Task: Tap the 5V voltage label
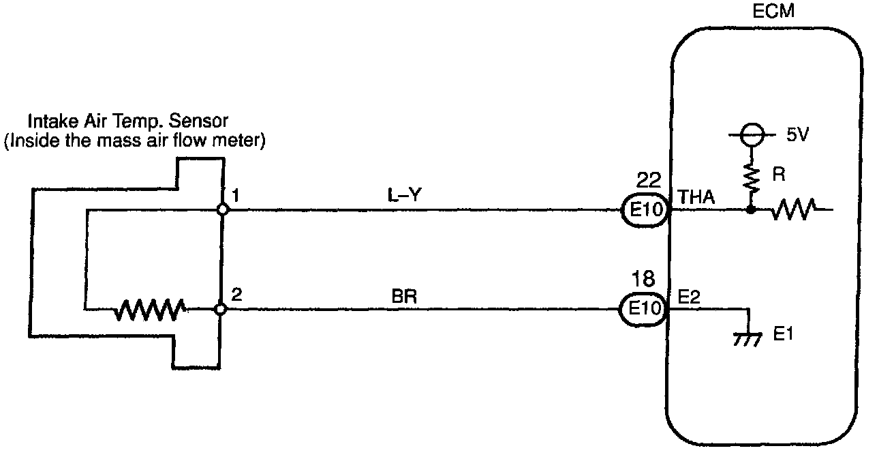tap(797, 134)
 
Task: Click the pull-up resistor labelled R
tap(751, 176)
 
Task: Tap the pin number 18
tap(644, 279)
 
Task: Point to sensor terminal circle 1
tap(221, 210)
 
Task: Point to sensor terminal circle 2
tap(220, 309)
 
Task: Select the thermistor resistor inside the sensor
tap(149, 310)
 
